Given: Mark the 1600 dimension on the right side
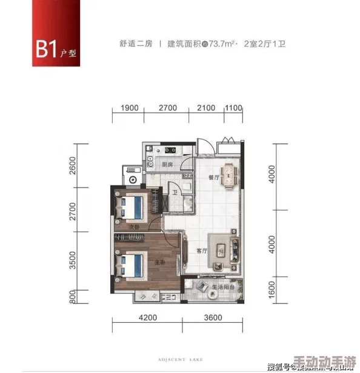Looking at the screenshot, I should click(272, 289).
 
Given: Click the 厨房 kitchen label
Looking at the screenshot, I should click(168, 165).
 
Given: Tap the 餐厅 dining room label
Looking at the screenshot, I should click(213, 178).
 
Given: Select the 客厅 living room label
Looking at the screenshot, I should click(202, 250).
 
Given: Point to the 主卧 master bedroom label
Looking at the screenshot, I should click(159, 262).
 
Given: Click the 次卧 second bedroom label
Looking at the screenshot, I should click(135, 226).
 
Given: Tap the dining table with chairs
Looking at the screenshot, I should click(228, 176).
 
